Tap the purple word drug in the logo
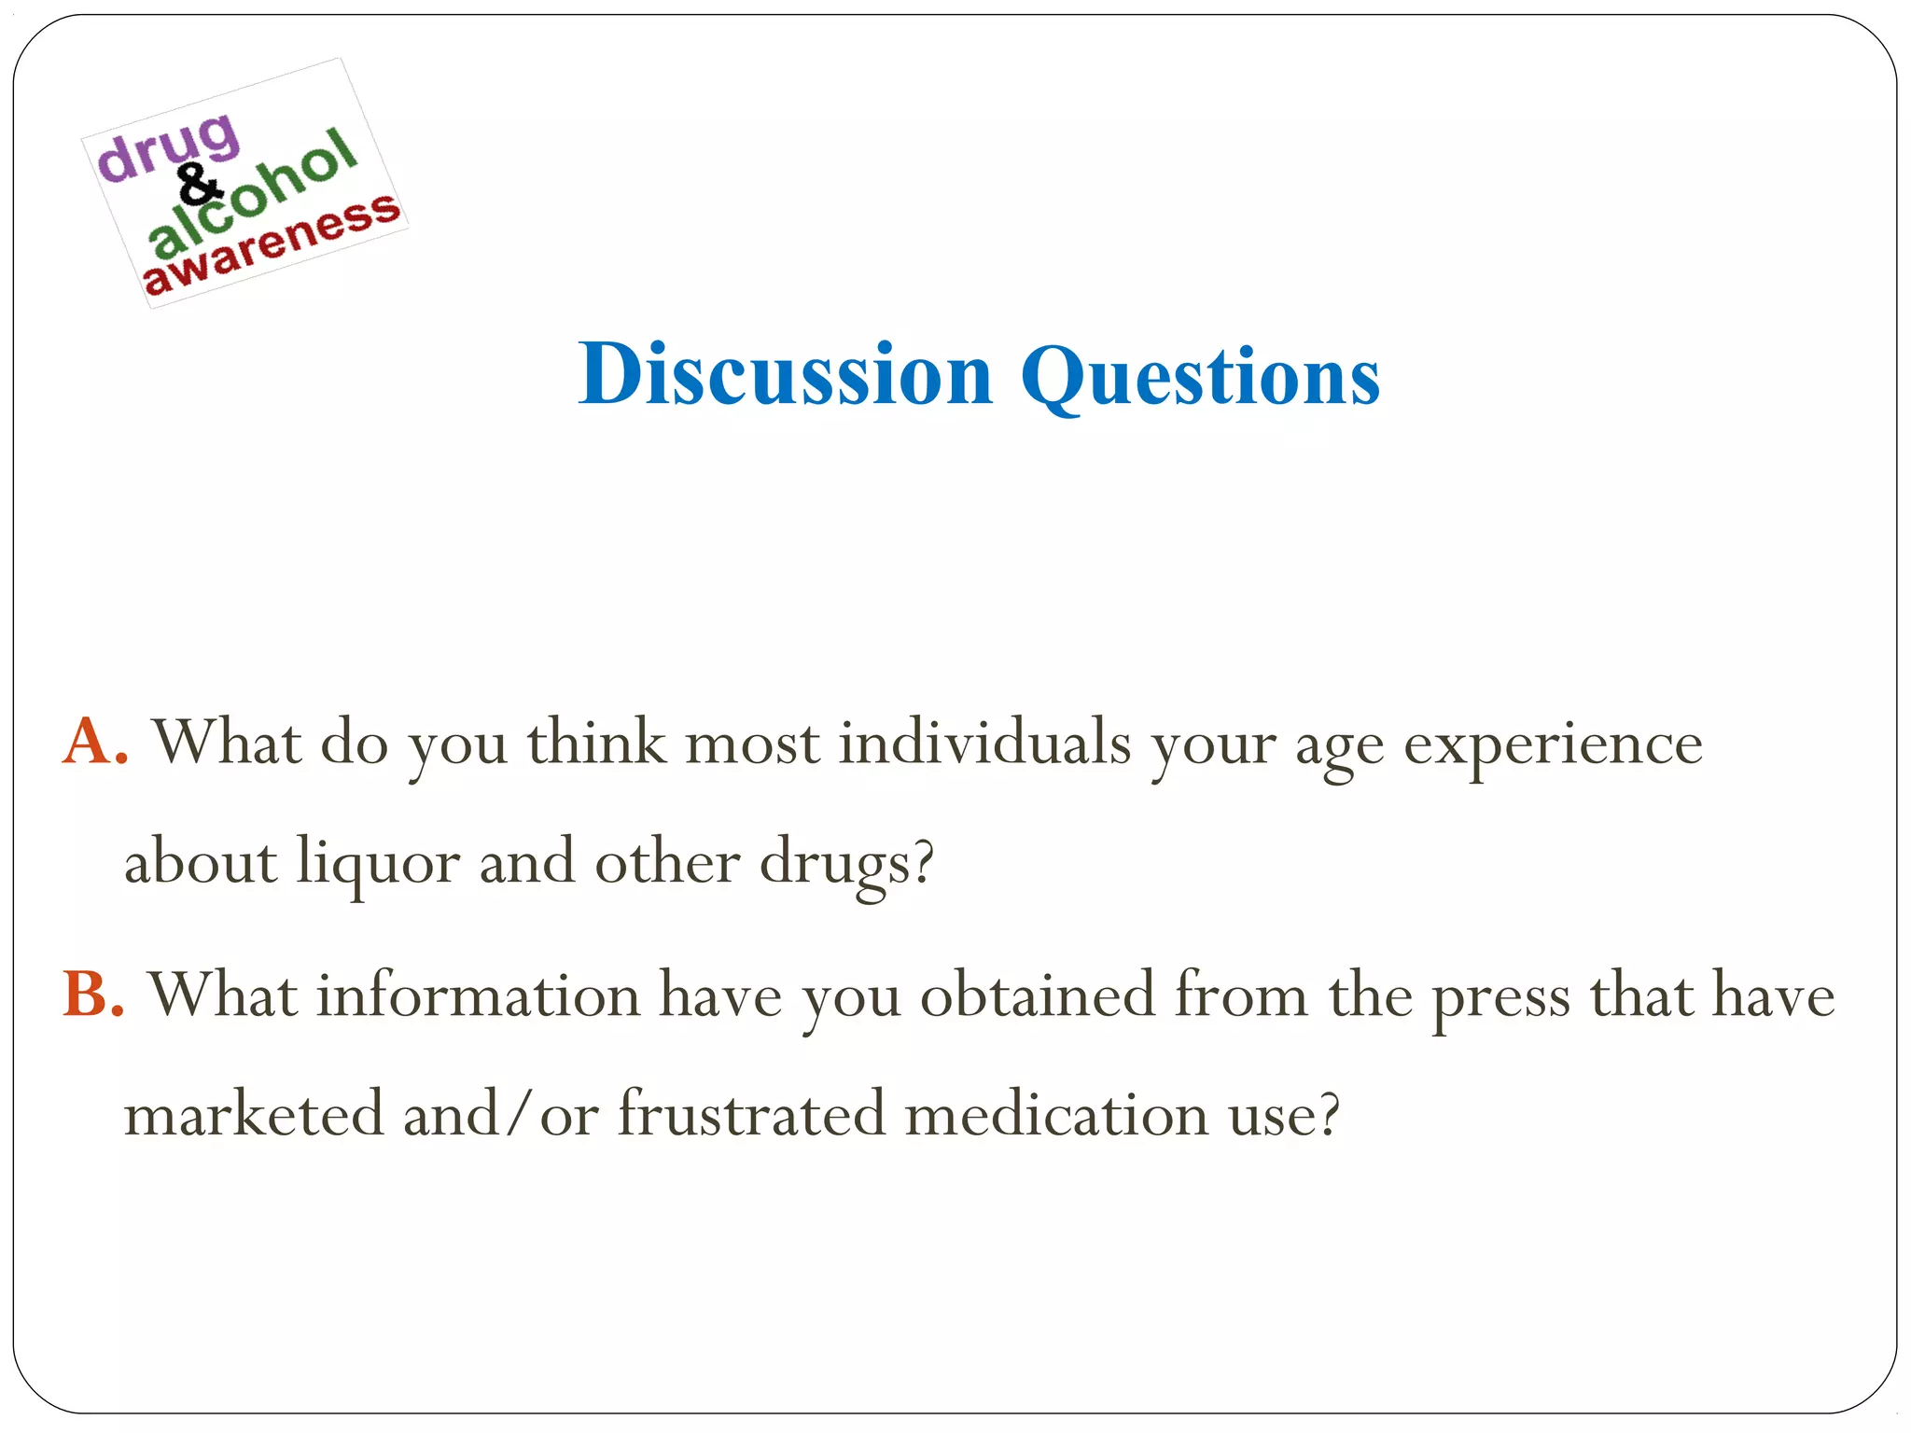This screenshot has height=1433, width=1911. pos(169,147)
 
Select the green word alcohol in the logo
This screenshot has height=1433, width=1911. pos(252,193)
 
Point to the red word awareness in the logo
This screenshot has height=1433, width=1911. pos(271,244)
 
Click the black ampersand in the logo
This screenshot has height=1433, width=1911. pos(198,184)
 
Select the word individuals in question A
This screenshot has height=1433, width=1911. pos(983,744)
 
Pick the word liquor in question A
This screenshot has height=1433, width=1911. pos(378,863)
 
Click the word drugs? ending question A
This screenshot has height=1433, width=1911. pos(845,863)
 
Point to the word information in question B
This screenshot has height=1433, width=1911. pos(478,995)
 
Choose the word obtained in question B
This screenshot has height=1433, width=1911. pos(1038,995)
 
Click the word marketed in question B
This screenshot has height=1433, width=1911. pos(254,1114)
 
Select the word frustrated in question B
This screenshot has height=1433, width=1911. pos(751,1114)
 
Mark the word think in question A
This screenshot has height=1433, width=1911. pos(596,744)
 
